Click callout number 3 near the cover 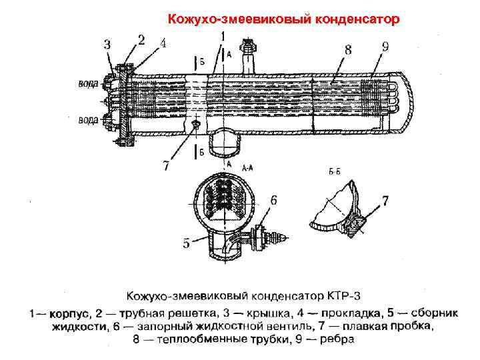pos(108,45)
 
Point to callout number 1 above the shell pos(222,35)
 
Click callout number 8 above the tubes pos(348,49)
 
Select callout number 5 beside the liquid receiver pos(187,243)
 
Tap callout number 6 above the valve pos(274,199)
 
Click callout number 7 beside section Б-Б pos(385,199)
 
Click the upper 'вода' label pos(88,84)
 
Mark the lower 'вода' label pos(88,120)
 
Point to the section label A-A pos(247,169)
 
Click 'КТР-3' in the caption pos(345,295)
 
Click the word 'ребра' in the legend pos(339,340)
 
